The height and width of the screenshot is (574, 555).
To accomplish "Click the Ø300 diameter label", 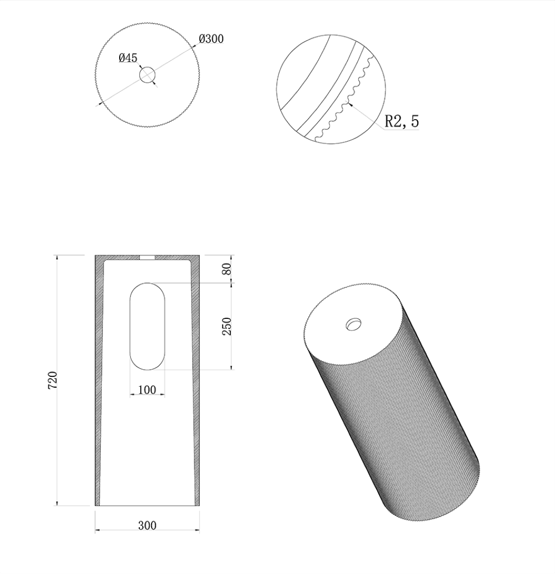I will tap(211, 39).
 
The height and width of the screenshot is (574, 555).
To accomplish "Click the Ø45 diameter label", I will tap(128, 58).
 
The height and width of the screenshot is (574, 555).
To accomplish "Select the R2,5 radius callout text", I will tap(402, 121).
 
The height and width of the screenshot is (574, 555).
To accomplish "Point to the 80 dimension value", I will tap(227, 269).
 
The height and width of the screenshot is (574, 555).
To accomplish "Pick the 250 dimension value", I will tap(227, 326).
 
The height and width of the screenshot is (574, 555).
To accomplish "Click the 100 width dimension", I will tap(147, 390).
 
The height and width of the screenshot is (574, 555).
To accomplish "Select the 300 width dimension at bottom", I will tap(147, 525).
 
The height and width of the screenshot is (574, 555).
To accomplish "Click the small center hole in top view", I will tap(147, 75).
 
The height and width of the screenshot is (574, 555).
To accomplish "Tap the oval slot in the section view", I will tap(147, 326).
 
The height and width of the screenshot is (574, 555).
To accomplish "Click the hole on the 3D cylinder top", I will tap(354, 324).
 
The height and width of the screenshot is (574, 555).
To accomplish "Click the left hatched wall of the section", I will tap(98, 380).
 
